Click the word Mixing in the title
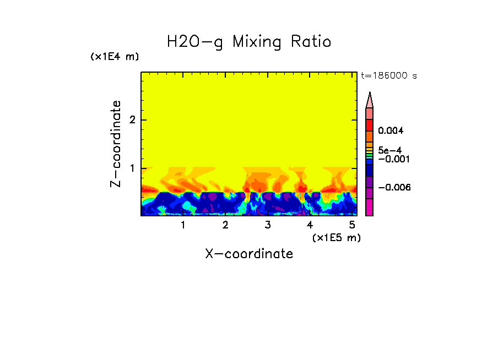(x=257, y=42)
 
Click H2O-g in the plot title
(x=195, y=42)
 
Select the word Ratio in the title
(x=312, y=42)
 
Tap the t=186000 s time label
(x=388, y=75)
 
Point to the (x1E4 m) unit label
(x=115, y=57)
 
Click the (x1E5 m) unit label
(x=336, y=237)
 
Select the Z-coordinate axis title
(x=116, y=144)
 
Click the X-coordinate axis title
(x=249, y=254)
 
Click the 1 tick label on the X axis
(x=183, y=225)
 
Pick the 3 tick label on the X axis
(x=267, y=225)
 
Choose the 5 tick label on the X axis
(x=352, y=225)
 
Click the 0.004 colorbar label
(x=391, y=131)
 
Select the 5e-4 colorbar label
(x=389, y=150)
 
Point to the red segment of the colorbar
(x=370, y=124)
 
